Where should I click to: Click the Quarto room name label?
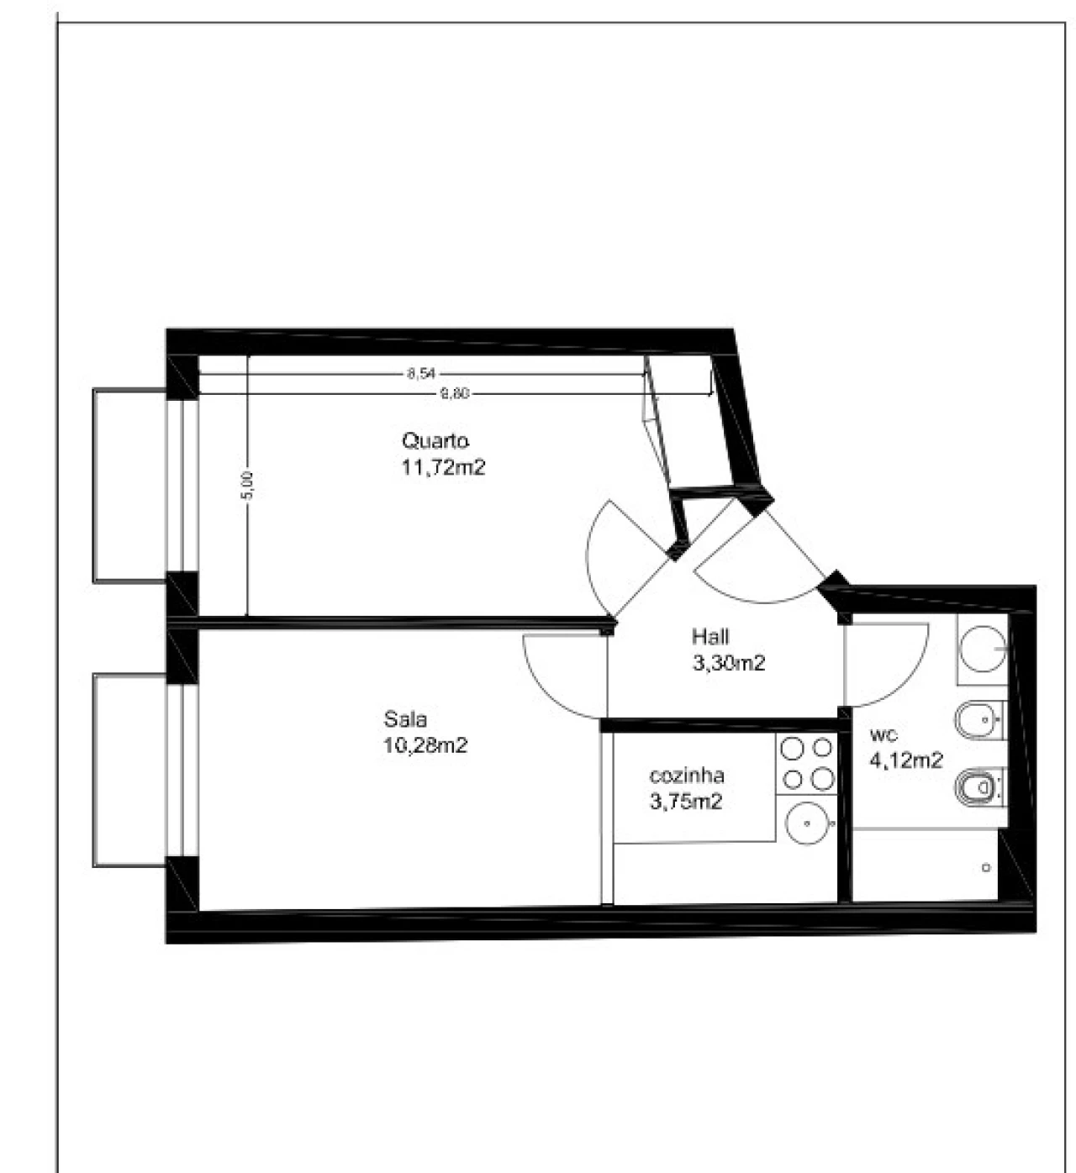coord(435,440)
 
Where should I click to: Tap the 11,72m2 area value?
coord(443,467)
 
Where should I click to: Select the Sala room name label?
coord(405,718)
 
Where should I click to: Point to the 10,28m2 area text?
coord(425,745)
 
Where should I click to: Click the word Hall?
coord(710,636)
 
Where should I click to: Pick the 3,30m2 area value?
coord(729,663)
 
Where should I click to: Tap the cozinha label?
coord(687,776)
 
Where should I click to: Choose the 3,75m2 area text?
coord(686,801)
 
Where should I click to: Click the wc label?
coord(883,735)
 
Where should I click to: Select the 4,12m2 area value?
coord(906,760)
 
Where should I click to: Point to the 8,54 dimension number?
coord(421,374)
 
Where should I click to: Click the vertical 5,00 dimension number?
coord(248,486)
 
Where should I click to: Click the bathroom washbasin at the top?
coord(984,649)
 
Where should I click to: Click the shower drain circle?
coord(986,867)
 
